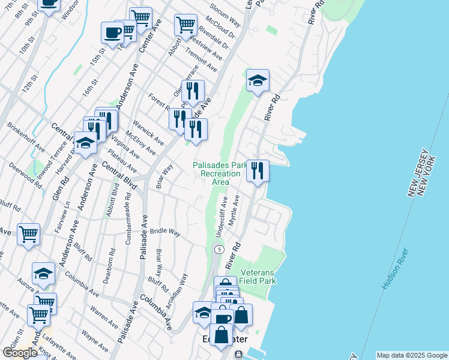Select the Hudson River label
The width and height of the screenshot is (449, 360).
[396, 269]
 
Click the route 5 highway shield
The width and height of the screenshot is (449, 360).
[220, 249]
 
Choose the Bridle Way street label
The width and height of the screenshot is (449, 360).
[165, 231]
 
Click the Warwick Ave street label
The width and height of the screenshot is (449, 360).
[148, 132]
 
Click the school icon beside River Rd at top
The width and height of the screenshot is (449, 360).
[258, 80]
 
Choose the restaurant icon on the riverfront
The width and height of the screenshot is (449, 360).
[258, 171]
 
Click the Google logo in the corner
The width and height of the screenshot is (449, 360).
[20, 353]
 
